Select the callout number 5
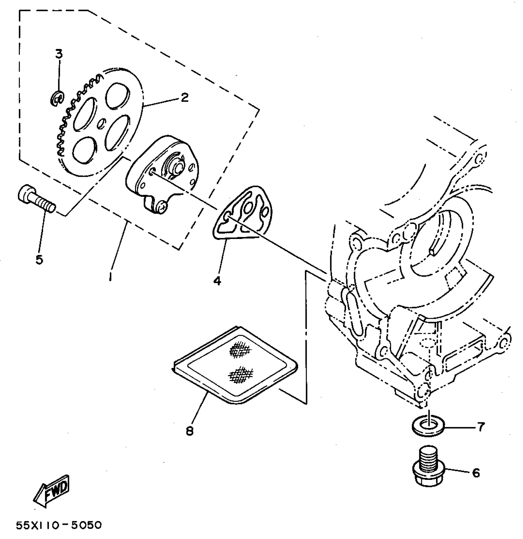pos(39,260)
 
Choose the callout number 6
pos(476,473)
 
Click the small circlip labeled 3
pos(57,99)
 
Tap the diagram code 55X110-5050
pos(59,525)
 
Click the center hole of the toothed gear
pos(101,124)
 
